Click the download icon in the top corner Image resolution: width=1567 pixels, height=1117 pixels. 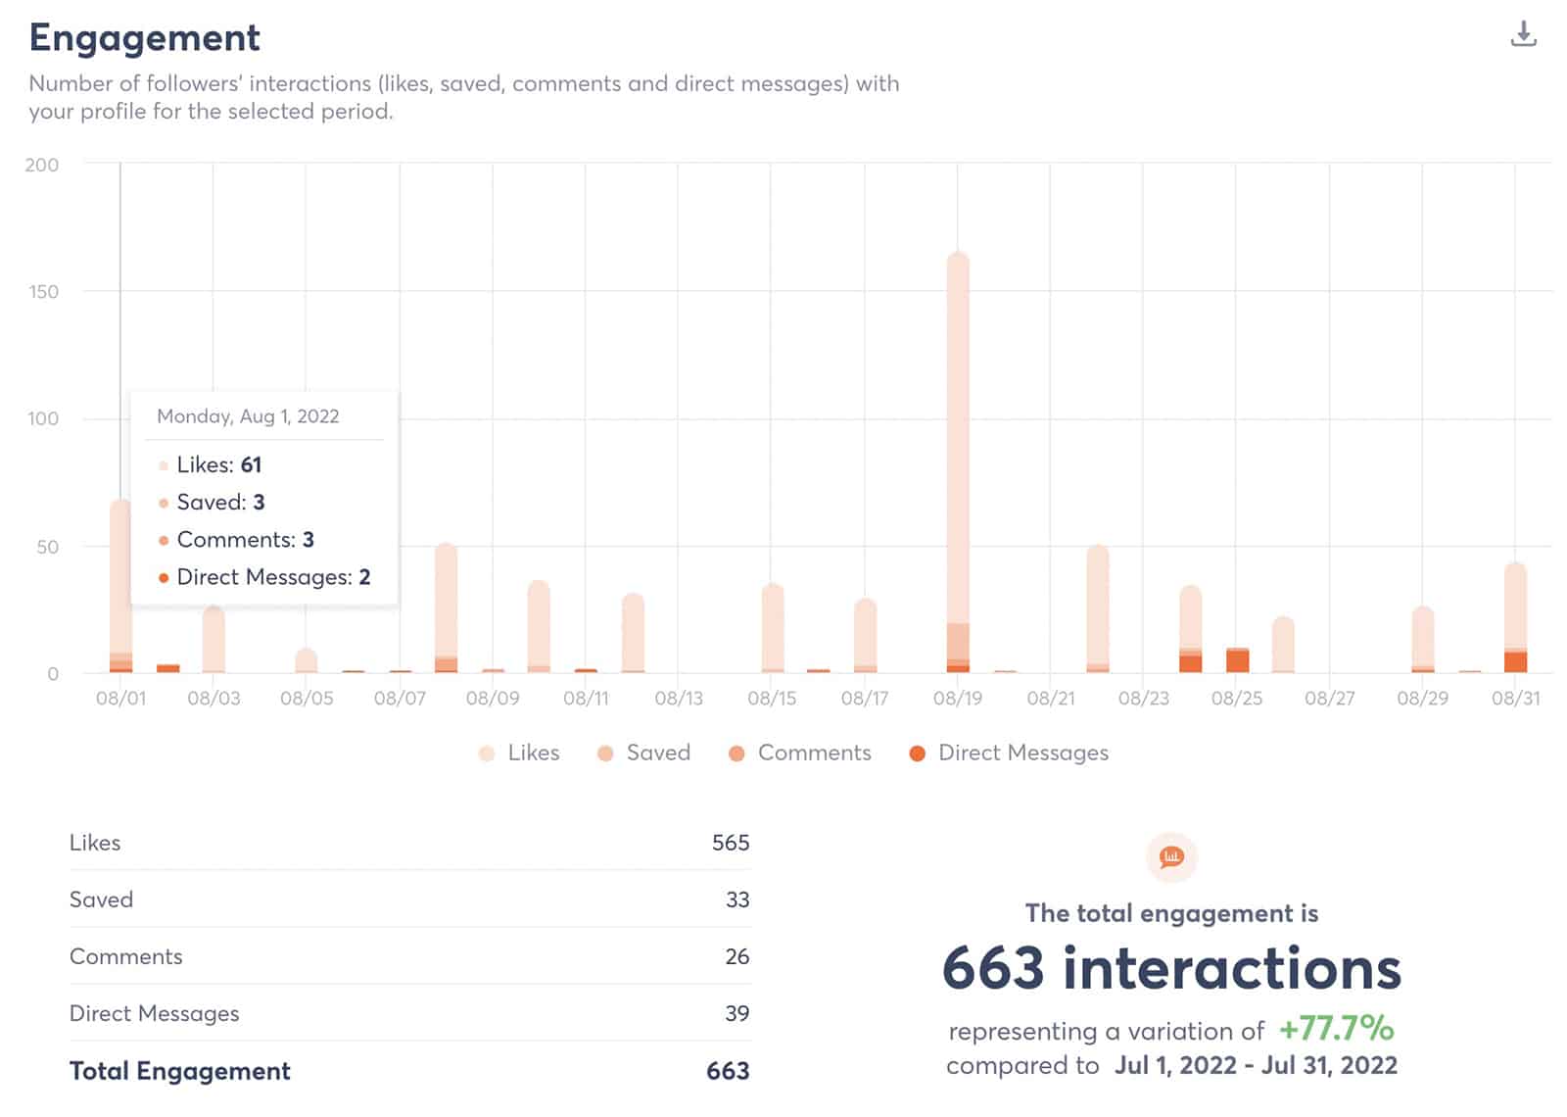(1523, 35)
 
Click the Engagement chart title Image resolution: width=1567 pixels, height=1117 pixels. (144, 38)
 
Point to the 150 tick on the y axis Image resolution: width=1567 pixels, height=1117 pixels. (43, 291)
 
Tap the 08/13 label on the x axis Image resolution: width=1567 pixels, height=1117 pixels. (679, 699)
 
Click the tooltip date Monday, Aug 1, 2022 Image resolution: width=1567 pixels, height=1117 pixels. (248, 416)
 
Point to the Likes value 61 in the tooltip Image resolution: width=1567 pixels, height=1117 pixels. (251, 464)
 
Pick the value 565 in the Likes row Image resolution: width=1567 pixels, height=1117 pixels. (730, 843)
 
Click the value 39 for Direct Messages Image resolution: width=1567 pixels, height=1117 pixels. (736, 1013)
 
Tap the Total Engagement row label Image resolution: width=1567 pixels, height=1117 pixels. (180, 1071)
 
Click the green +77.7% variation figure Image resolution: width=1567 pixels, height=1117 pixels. (1336, 1029)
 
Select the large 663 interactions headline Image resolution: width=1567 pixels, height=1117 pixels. (1171, 968)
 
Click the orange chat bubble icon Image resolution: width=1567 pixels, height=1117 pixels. (1171, 857)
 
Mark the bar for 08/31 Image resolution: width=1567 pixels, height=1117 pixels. (1515, 617)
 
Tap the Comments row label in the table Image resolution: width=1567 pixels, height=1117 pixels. (126, 956)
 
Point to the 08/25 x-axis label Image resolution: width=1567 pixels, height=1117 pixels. (1236, 699)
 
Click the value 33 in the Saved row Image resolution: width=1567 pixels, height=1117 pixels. (736, 899)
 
